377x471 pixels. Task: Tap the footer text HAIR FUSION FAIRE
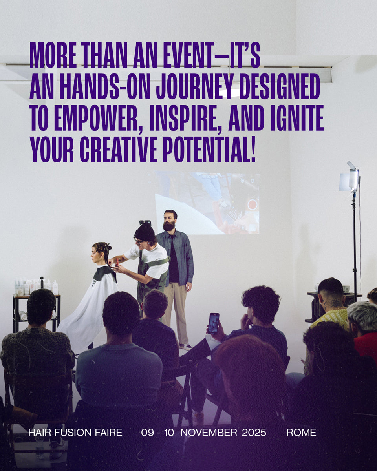[x=75, y=433]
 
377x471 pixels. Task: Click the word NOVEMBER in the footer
[x=209, y=433]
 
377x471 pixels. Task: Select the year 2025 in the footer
[x=254, y=433]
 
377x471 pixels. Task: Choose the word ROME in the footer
[x=302, y=433]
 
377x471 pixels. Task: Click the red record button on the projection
[x=252, y=204]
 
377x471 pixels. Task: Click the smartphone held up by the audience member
[x=213, y=323]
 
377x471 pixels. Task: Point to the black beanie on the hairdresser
[x=145, y=232]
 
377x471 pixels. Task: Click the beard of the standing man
[x=169, y=226]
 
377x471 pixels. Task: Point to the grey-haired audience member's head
[x=362, y=314]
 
